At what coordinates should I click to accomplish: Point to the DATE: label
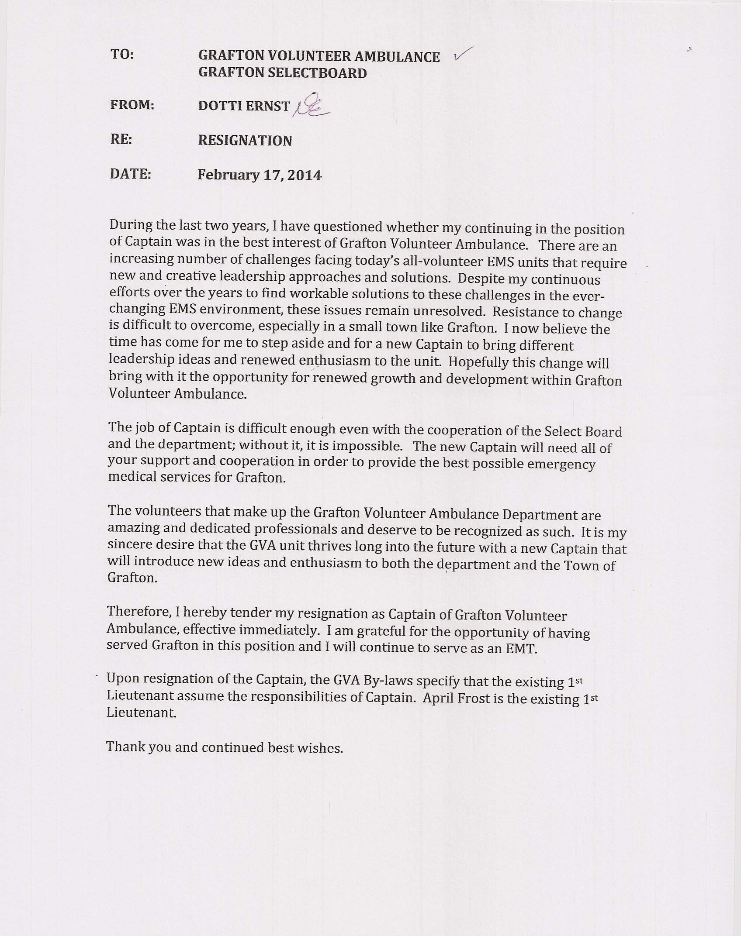[131, 174]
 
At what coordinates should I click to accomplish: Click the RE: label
[121, 140]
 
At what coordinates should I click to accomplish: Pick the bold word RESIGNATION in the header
[245, 140]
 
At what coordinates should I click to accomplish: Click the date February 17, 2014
[260, 175]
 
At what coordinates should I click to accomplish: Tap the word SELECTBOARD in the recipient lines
[317, 72]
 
